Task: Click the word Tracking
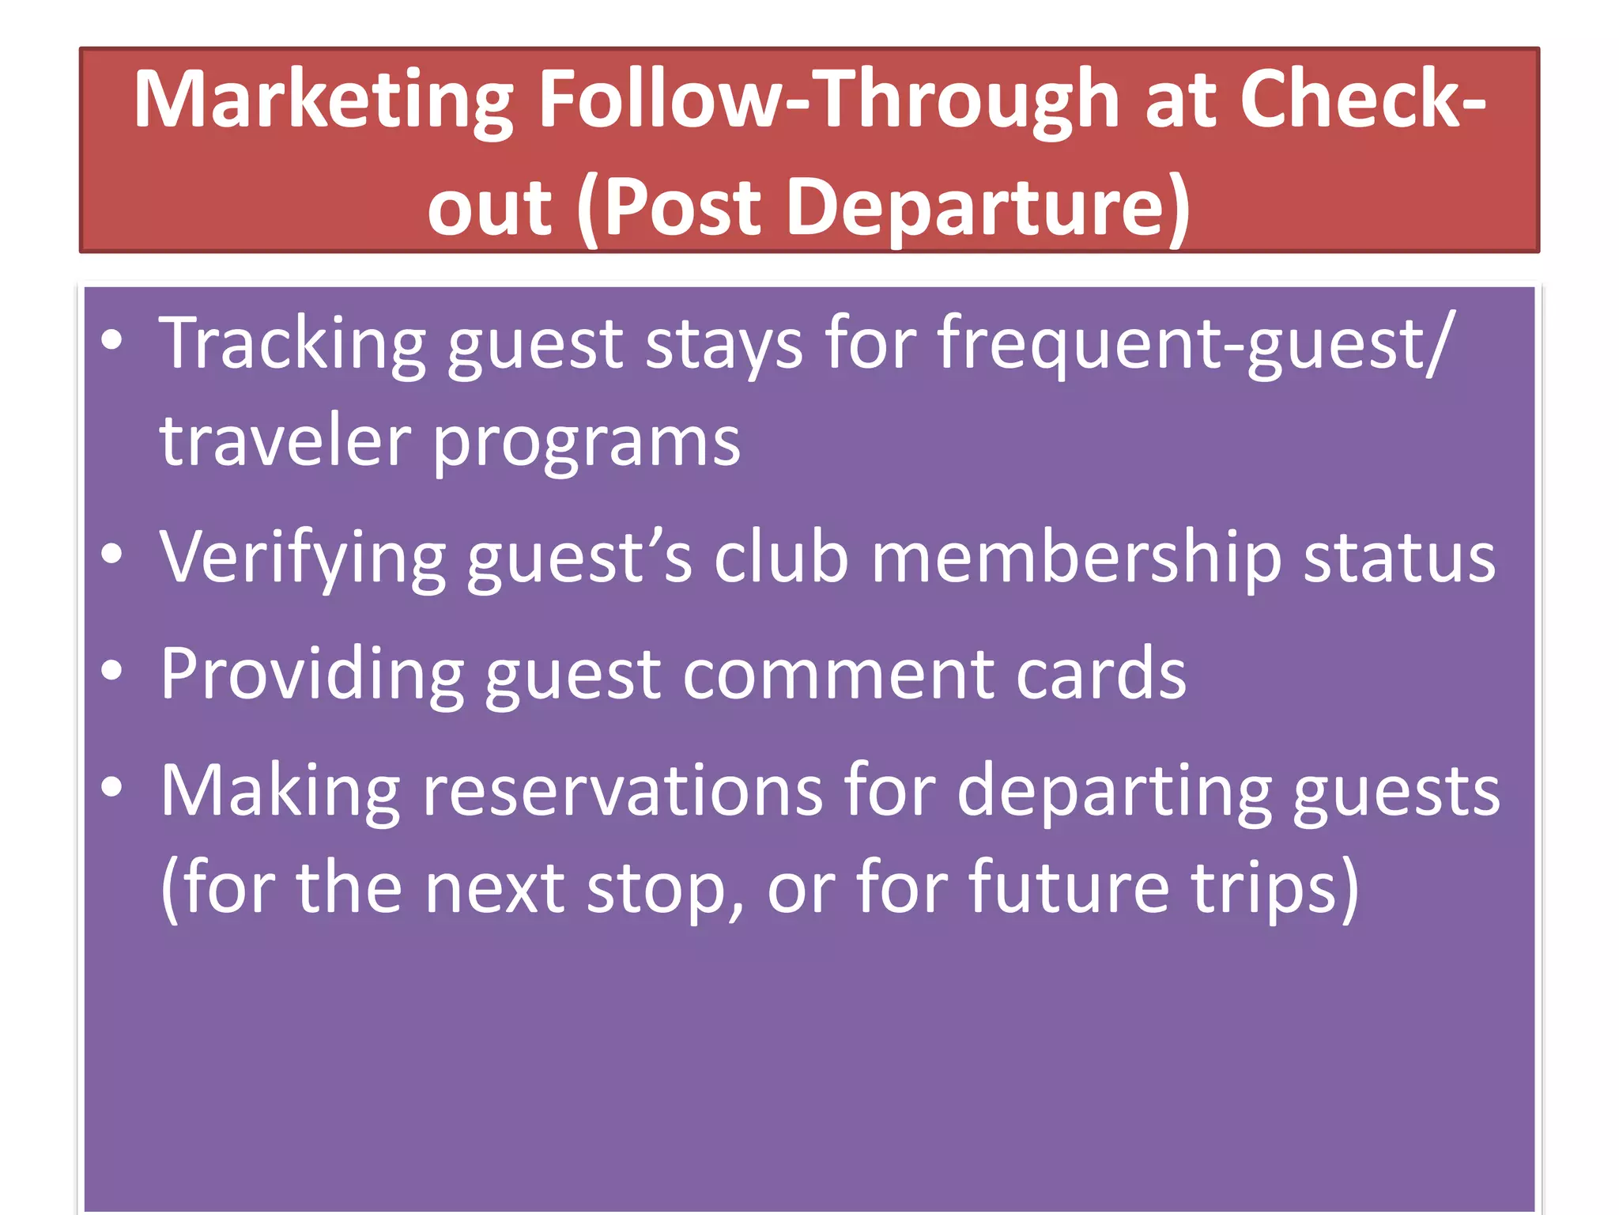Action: point(292,344)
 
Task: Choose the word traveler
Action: point(285,441)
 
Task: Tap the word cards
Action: point(1101,675)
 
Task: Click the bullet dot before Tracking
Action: point(112,341)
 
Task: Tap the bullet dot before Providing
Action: point(112,671)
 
